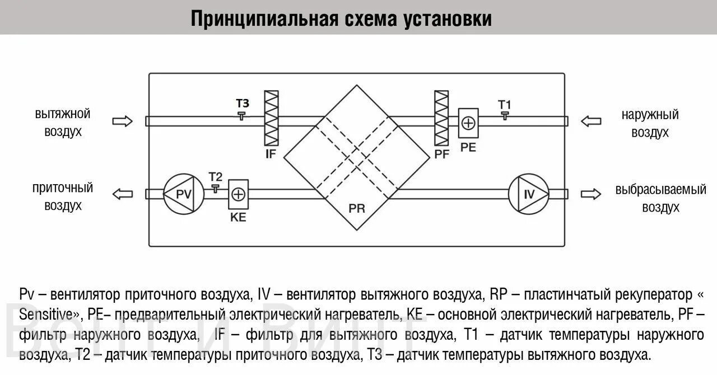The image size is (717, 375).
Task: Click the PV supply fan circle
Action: pos(183,194)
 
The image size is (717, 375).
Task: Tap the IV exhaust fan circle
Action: pos(529,194)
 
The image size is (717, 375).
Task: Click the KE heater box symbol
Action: pos(238,194)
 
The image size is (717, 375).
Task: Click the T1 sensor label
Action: pos(505,105)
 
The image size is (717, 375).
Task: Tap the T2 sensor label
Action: pos(215,177)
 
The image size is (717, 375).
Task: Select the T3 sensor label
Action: pos(242,104)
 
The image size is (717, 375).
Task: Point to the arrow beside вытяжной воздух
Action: pos(123,121)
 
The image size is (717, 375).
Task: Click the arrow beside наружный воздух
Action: pos(591,121)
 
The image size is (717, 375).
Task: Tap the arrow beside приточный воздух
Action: pos(123,194)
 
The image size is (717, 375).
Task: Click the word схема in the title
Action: pos(370,18)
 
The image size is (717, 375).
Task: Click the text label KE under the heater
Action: pos(238,217)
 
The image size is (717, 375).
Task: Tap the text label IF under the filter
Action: pos(271,153)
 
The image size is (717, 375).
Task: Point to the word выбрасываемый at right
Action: pos(660,189)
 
